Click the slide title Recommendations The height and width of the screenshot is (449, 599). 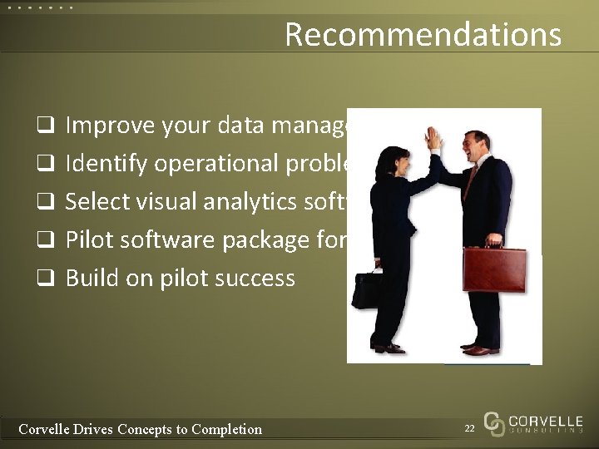(x=423, y=35)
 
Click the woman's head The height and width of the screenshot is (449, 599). (x=389, y=160)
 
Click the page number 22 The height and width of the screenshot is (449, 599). (x=469, y=427)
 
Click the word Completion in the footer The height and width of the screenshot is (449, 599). (x=226, y=429)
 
